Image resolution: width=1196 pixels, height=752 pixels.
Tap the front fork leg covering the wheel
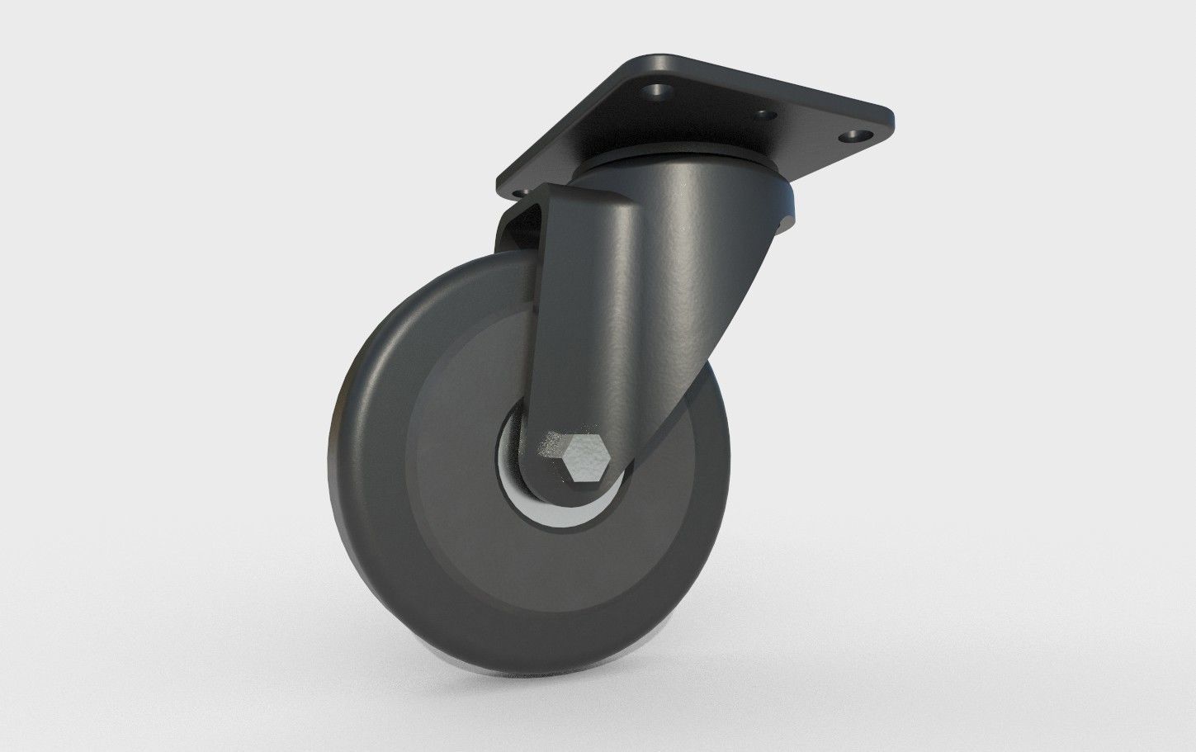pyautogui.click(x=594, y=314)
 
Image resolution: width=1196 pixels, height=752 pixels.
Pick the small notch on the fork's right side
pyautogui.click(x=782, y=221)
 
